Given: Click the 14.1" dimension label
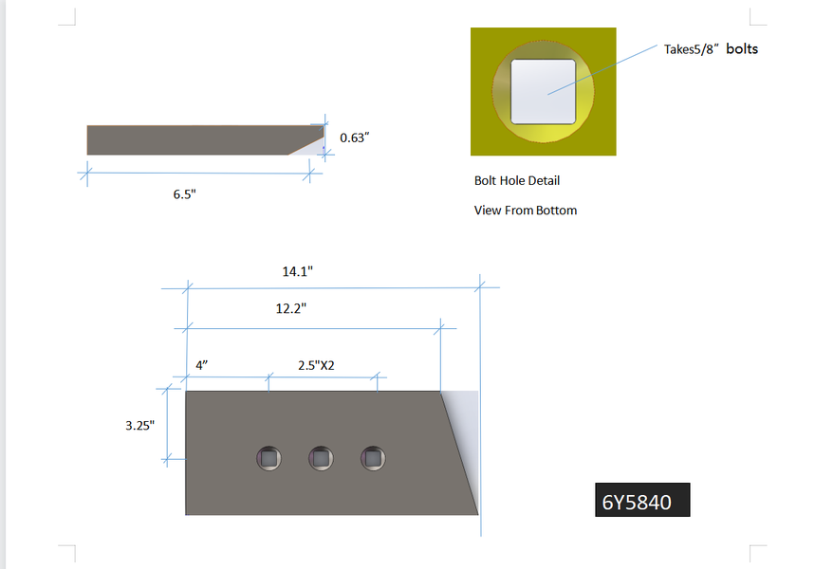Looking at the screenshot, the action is pyautogui.click(x=297, y=271).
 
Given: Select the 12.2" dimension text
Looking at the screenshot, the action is pyautogui.click(x=291, y=308).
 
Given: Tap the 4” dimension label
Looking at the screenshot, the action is pyautogui.click(x=202, y=365).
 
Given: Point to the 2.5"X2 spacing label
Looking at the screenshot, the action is pyautogui.click(x=316, y=365).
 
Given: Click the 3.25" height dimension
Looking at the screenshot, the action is pyautogui.click(x=139, y=426).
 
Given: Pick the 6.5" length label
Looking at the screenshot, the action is pyautogui.click(x=184, y=194).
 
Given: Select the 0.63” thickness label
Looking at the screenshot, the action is pyautogui.click(x=355, y=138).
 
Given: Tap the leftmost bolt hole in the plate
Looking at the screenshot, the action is pyautogui.click(x=269, y=458).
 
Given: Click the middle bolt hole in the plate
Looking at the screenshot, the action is pyautogui.click(x=321, y=458).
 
